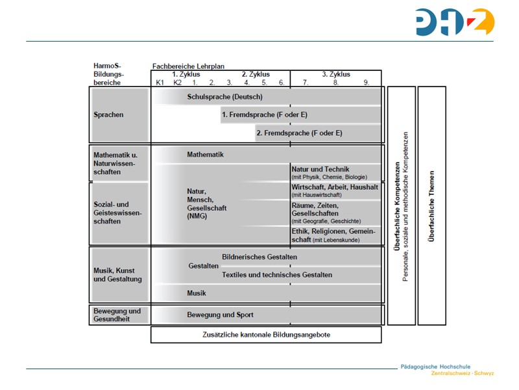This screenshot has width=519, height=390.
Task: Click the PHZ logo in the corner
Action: click(x=455, y=21)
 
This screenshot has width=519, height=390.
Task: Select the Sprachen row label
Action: click(x=108, y=115)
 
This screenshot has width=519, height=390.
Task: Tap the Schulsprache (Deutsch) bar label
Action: click(x=224, y=97)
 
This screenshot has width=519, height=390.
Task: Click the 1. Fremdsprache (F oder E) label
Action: click(x=264, y=115)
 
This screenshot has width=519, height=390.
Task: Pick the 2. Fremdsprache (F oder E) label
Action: click(x=299, y=133)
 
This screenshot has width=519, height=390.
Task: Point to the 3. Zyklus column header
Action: click(x=336, y=74)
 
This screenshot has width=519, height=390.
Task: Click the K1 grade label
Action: click(x=160, y=83)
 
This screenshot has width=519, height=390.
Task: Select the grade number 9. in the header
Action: click(x=367, y=83)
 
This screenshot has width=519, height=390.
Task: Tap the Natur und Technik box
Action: click(x=336, y=172)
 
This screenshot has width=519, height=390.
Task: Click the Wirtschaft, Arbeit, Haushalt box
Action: click(x=336, y=190)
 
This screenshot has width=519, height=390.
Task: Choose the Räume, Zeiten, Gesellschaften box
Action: click(x=336, y=213)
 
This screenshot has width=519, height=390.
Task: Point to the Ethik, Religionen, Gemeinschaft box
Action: click(x=336, y=235)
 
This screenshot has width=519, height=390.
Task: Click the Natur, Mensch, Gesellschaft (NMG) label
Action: click(x=206, y=203)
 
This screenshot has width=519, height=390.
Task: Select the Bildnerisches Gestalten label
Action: click(x=259, y=257)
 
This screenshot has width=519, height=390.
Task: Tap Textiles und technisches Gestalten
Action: click(x=277, y=275)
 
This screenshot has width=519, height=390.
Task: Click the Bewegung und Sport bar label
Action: click(x=220, y=315)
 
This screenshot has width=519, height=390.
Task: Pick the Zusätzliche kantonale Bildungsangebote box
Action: click(x=266, y=335)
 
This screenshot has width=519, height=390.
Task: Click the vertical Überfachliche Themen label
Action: click(x=431, y=206)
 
